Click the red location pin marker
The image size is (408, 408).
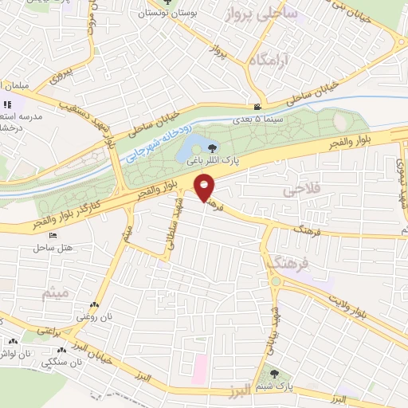click(205, 188)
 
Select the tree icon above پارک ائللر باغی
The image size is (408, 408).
click(211, 147)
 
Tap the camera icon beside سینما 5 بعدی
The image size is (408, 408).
click(257, 107)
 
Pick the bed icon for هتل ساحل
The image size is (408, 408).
click(53, 237)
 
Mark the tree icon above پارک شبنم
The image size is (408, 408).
click(274, 372)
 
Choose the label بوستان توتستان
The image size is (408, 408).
click(168, 13)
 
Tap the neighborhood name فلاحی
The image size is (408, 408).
click(300, 191)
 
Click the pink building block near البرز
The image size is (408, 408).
click(199, 367)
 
